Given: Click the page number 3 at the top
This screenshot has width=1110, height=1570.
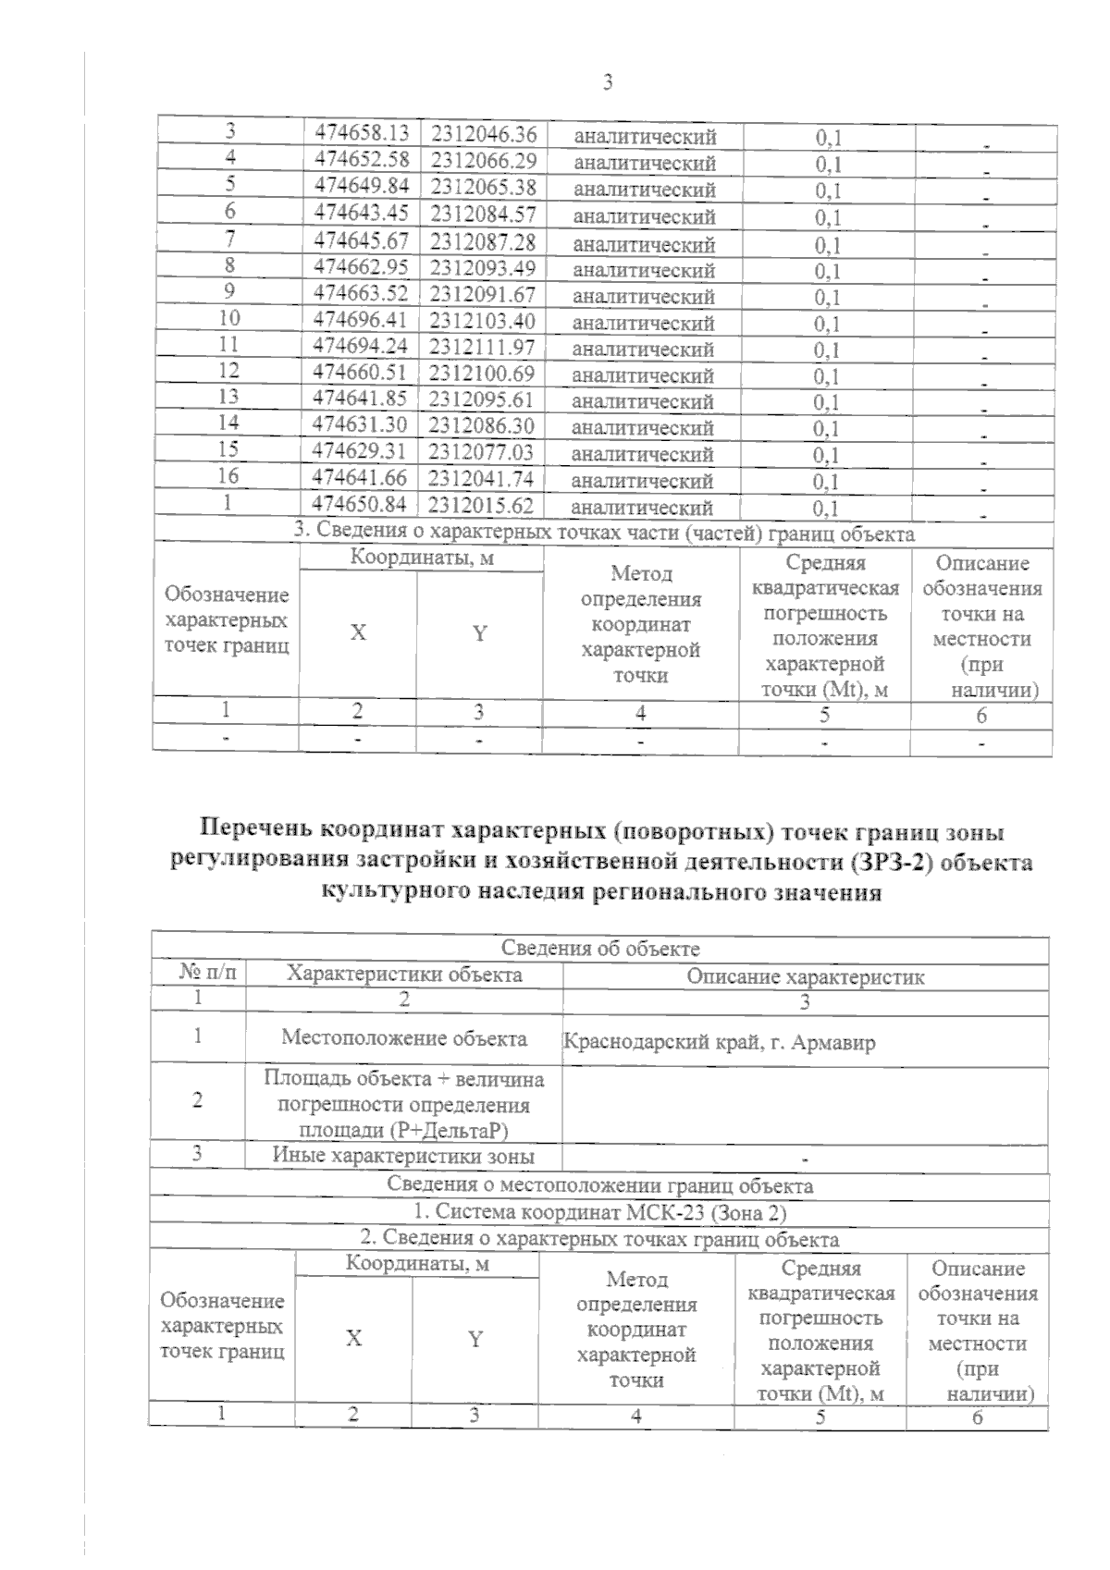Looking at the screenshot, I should (x=608, y=83).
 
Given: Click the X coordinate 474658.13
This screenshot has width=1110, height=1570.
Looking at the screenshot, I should (x=361, y=133).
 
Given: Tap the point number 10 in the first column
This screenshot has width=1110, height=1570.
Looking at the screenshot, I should (x=228, y=318).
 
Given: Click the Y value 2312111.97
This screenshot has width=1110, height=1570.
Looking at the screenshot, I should (x=482, y=347).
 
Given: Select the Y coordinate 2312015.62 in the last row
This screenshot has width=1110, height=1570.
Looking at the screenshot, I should (x=481, y=505).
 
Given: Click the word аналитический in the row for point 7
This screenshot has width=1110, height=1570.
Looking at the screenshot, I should (x=644, y=245).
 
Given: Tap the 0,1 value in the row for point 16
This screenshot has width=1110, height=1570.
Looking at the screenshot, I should (x=826, y=482).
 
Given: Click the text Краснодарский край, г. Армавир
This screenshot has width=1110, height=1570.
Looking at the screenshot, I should (x=719, y=1043).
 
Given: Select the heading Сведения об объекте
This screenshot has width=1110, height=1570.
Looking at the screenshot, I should (x=600, y=949).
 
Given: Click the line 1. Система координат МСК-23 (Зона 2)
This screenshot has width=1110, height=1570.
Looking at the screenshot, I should (x=599, y=1212).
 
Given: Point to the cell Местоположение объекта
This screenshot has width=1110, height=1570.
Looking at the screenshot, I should (x=404, y=1037).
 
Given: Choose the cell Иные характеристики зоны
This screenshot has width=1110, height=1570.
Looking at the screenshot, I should (x=403, y=1156).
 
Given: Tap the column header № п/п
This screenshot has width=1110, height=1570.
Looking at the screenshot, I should (x=200, y=974).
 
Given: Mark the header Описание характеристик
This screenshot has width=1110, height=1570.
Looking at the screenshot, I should (x=805, y=976).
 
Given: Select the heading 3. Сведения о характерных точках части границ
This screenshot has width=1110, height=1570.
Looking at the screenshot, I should (x=603, y=534).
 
